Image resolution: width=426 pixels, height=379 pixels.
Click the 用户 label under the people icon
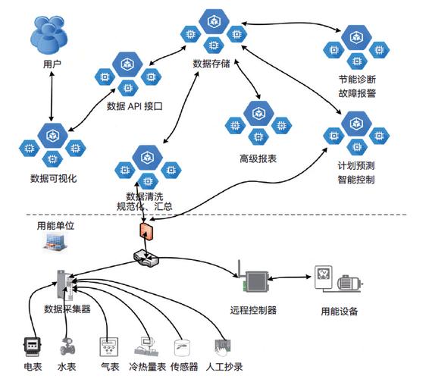52,65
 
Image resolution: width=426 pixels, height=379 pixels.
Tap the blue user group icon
52,37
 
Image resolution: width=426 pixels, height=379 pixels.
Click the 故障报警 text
357,94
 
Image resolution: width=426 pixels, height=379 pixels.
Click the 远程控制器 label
253,310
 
